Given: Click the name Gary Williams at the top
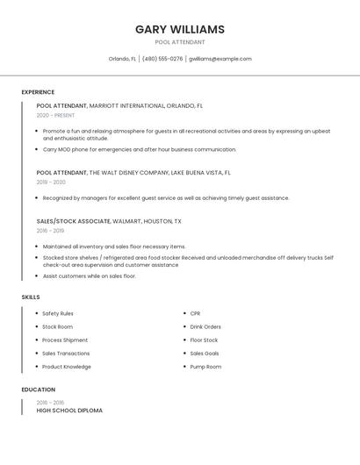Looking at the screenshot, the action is point(180,29).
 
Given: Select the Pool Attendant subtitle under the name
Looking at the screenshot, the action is point(180,42).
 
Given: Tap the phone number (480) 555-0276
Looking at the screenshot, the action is point(162,59).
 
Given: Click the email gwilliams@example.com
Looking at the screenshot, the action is point(220,59).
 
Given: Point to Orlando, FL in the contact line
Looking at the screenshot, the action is point(122,59).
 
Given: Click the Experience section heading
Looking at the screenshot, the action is point(38,92).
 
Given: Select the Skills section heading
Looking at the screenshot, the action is point(31,297).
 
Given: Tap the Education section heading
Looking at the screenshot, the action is point(39,390).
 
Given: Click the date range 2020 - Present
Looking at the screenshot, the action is point(55,115).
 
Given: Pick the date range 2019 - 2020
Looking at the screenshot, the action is point(51,182).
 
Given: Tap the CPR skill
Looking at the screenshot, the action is point(196,313).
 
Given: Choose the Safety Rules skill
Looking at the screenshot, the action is point(58,313).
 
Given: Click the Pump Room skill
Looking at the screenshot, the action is point(205,367).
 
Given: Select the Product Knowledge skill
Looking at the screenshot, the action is point(67,367).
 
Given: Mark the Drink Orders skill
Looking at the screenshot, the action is point(205,326).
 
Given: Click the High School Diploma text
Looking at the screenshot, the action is point(69,411).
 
